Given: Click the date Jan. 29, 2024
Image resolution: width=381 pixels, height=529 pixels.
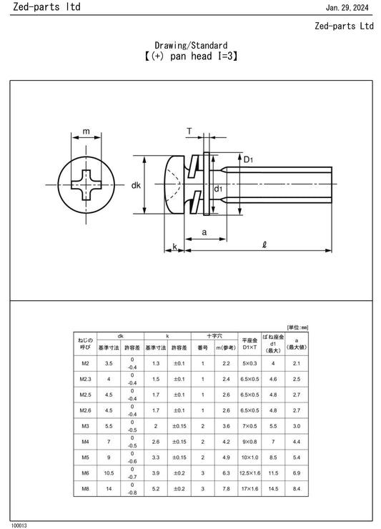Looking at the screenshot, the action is click(347, 7).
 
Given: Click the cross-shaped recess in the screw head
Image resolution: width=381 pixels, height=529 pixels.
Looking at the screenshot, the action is click(86, 185).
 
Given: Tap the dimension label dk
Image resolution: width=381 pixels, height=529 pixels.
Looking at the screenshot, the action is click(136, 185).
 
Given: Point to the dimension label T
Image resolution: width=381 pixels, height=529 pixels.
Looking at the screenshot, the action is click(189, 132).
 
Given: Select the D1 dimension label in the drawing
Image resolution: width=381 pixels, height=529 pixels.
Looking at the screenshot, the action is click(248, 159).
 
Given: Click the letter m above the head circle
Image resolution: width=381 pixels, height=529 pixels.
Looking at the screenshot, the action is click(86, 132).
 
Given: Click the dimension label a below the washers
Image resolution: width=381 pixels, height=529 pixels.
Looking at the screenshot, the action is click(204, 232).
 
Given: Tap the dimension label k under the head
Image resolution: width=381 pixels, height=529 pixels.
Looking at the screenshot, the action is click(175, 247).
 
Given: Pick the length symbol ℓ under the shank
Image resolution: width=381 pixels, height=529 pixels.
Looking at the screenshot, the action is click(264, 244).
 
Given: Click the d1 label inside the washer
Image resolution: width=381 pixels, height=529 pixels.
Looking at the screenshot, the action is click(218, 189).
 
